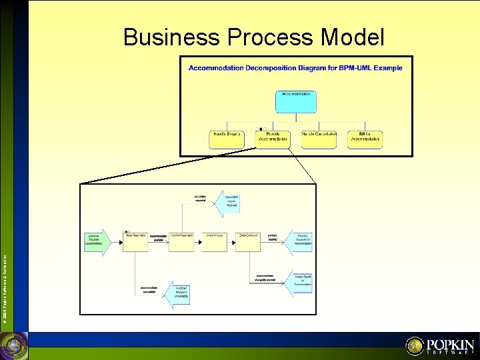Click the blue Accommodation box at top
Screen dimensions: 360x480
tap(296, 101)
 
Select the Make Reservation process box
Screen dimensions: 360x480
tap(136, 241)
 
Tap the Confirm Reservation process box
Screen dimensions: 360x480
tap(182, 241)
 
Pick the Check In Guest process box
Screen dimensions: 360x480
tap(214, 241)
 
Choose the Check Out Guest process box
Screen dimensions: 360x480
tap(249, 241)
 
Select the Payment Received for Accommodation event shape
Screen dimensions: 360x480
tap(300, 241)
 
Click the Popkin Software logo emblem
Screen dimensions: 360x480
tap(415, 345)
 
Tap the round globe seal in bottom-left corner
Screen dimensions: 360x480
tap(13, 346)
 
